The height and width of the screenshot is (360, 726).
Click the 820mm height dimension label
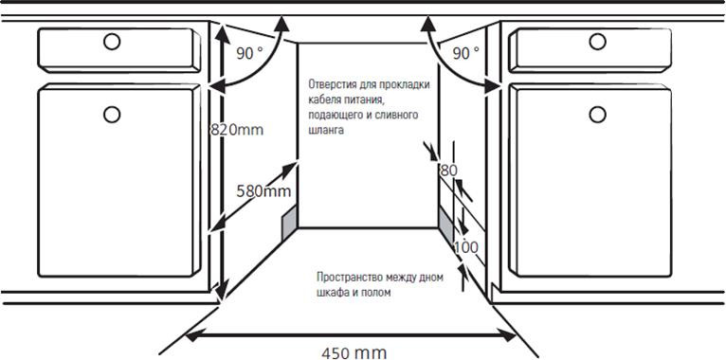coord(237,129)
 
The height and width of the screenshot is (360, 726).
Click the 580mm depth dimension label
coord(263,190)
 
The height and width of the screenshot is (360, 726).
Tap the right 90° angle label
coord(465,54)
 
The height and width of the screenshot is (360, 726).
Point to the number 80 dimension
coord(448,171)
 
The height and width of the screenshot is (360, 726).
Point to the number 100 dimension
coord(465,246)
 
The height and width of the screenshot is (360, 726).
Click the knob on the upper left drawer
coord(112,42)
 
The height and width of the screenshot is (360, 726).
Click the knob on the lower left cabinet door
coord(112,114)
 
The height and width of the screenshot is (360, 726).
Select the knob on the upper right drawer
coord(597,42)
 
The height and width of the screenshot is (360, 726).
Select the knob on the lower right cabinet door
coord(597,114)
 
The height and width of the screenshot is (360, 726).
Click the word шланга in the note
coord(326,130)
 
